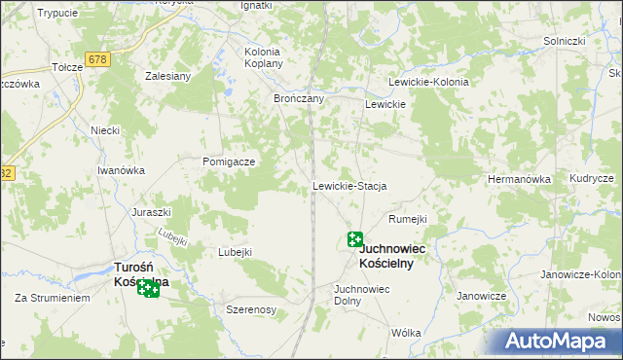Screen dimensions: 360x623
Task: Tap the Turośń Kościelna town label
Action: pos(141,274)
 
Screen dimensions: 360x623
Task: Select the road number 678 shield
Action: pos(96,59)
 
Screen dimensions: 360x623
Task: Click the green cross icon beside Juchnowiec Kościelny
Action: pos(355,239)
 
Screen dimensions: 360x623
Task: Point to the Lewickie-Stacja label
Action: pos(349,186)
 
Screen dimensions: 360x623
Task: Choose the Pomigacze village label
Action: pos(229,162)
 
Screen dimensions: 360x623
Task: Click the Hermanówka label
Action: pos(519,180)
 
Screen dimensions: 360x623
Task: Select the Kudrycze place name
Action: pos(592,180)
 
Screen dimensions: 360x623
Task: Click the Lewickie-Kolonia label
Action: pos(428,83)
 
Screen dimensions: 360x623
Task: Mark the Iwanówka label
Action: pos(121,170)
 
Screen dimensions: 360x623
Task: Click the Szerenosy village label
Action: pos(251,308)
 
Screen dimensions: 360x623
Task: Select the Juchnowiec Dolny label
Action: pos(361,295)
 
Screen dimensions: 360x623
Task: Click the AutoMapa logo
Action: pos(556,341)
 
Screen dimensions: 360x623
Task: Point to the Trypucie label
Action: pos(56,13)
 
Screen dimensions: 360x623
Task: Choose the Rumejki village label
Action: pos(408,219)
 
